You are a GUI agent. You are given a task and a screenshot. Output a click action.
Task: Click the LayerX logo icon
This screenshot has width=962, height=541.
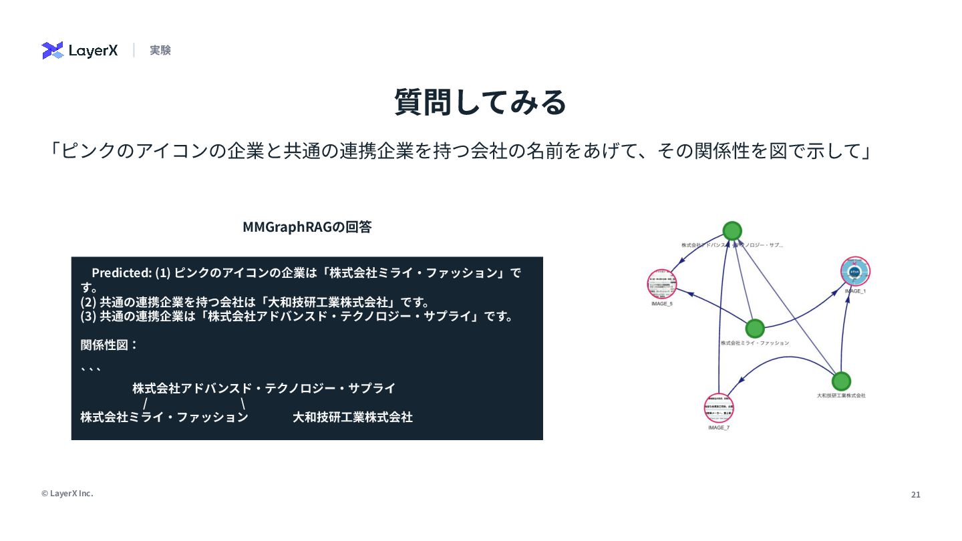pos(52,50)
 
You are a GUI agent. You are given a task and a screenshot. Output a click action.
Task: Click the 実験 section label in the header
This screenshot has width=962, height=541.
pos(160,50)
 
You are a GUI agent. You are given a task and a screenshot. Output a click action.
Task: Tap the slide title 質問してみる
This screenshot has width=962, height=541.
pos(480,102)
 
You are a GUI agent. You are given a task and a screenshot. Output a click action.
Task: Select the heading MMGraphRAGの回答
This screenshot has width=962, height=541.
pos(307,227)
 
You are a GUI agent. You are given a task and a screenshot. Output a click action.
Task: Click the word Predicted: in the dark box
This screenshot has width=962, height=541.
pos(122,273)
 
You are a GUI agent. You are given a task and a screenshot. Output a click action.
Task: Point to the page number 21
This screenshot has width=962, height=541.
pos(915,495)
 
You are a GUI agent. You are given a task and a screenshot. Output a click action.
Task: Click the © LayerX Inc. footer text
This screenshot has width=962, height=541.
pos(67,494)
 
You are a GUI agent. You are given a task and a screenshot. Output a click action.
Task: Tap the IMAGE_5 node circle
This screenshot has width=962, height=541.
pos(662,283)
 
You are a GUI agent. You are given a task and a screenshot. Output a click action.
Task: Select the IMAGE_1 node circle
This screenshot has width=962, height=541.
pos(855,272)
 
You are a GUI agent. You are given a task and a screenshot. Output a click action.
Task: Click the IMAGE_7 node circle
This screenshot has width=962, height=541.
pos(719,407)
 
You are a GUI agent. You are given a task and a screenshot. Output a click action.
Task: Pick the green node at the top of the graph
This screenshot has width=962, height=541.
pos(732,231)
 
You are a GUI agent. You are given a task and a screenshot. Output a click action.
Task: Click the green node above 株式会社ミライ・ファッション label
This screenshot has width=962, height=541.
pos(754,328)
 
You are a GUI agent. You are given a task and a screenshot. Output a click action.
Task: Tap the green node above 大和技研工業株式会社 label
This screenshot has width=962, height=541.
pos(841,381)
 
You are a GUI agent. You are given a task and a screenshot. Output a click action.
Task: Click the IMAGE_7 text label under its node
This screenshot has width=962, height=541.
pos(719,427)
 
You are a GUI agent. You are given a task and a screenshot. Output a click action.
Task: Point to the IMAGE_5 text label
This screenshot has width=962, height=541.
pos(662,304)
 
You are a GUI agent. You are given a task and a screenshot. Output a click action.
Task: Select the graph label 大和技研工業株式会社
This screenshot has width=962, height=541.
pos(841,395)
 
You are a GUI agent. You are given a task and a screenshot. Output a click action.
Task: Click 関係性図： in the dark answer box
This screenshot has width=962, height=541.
pos(110,345)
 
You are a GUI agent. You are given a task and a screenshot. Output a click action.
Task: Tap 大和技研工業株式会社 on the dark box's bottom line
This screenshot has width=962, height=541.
pos(352,417)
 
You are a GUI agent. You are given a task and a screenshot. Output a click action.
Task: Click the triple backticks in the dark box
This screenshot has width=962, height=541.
pos(90,368)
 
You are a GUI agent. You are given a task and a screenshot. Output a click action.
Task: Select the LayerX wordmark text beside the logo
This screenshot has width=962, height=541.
pos(93,50)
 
